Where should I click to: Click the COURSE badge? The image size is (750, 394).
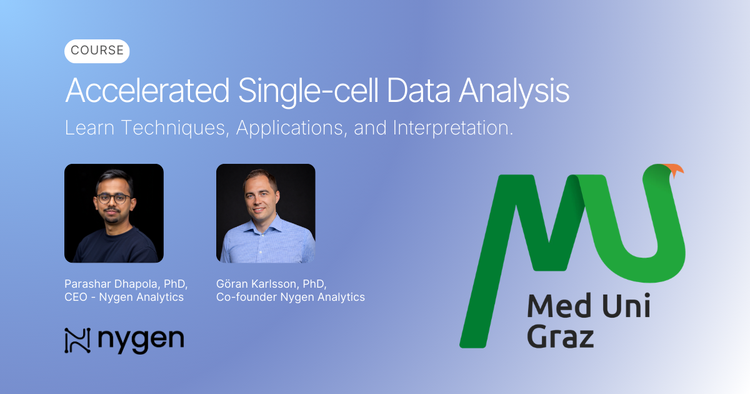97,51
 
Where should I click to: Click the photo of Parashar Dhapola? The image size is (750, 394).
114,213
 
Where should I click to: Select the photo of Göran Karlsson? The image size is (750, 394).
266,213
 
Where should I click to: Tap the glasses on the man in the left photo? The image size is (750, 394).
114,198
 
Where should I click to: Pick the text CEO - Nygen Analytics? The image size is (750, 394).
124,297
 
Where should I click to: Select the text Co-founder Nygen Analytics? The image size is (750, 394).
291,297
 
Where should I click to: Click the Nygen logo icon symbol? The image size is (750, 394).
77,340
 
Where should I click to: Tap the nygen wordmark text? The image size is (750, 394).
141,341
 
